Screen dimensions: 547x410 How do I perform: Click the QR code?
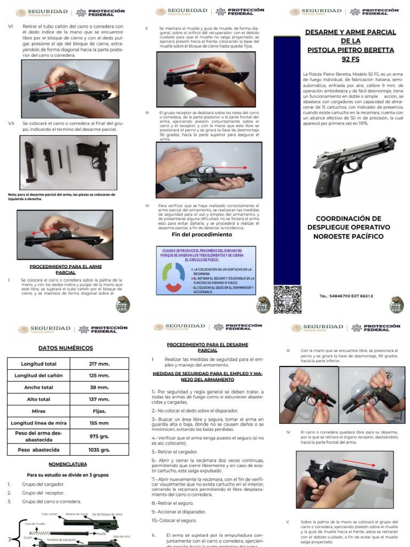click(x=288, y=299)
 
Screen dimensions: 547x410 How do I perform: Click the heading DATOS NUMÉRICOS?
click(x=66, y=348)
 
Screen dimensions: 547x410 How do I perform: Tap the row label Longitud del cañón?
click(x=42, y=375)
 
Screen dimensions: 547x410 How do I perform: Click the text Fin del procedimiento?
click(x=194, y=235)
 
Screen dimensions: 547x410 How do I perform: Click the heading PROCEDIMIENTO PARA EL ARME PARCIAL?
click(x=66, y=269)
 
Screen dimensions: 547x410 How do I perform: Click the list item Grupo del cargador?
click(x=43, y=484)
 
